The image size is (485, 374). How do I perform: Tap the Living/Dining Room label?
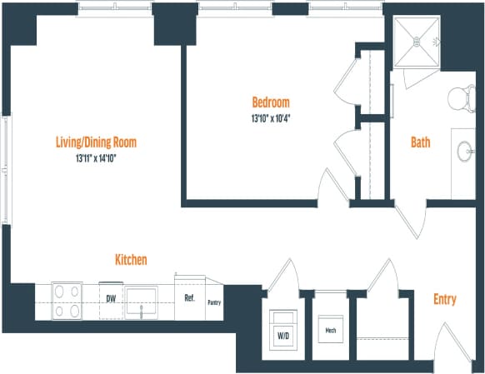[95, 142]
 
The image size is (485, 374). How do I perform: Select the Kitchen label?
[131, 260]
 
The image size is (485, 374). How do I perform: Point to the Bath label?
[421, 142]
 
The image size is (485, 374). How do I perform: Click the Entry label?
[444, 299]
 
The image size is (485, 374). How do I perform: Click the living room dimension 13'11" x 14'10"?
[95, 157]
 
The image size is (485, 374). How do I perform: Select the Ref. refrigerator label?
[188, 297]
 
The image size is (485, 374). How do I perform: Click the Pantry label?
[213, 302]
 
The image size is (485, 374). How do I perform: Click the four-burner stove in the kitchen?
[67, 301]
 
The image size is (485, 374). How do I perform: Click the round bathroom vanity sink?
[463, 152]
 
